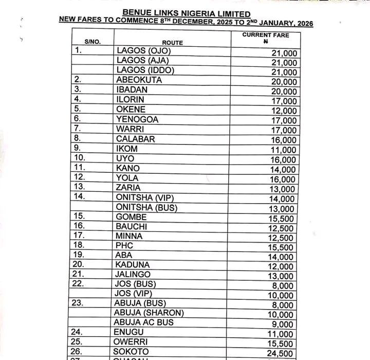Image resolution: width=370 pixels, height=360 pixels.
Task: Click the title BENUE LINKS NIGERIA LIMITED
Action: tap(187, 13)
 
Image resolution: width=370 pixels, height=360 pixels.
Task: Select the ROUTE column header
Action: tap(172, 43)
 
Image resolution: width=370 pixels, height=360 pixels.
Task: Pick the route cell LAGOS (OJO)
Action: tap(143, 51)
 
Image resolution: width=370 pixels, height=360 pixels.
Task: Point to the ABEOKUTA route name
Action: tap(139, 80)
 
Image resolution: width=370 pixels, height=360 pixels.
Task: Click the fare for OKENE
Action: tap(284, 111)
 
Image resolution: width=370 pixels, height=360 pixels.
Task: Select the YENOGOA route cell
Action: tap(137, 119)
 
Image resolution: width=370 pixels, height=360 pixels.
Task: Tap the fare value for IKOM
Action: tap(284, 150)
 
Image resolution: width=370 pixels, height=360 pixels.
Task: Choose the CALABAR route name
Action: tap(136, 139)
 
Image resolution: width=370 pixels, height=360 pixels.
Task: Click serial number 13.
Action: tap(80, 187)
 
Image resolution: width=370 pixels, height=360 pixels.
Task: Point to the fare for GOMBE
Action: tap(283, 219)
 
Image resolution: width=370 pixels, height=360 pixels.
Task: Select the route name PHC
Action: tap(124, 245)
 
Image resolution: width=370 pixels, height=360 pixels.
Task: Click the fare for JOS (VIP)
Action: tap(283, 295)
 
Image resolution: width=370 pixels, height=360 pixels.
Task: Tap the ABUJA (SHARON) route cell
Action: tap(149, 313)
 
